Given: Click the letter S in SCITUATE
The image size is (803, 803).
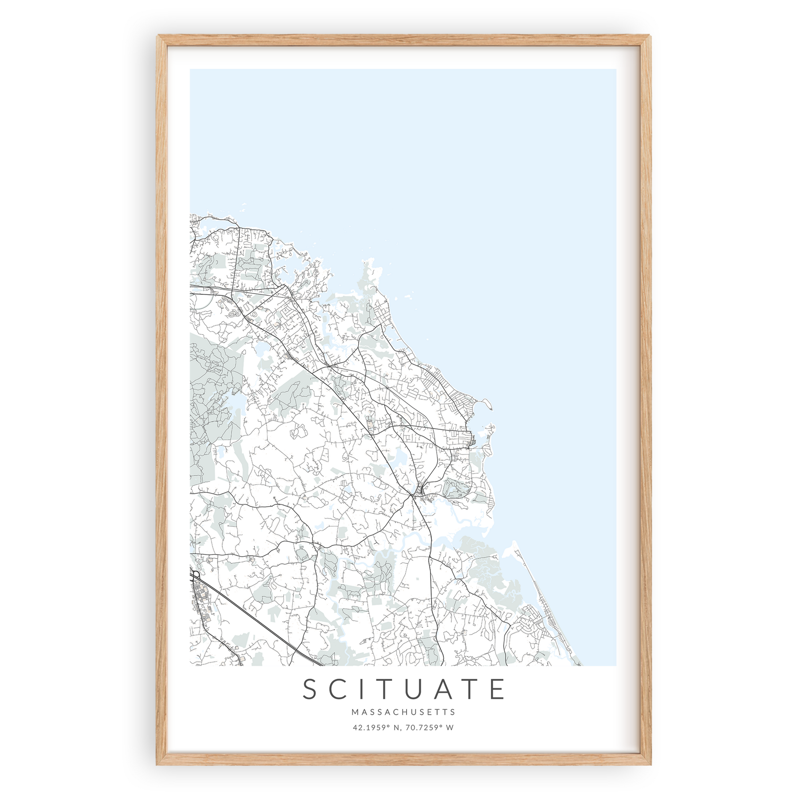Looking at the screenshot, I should (x=311, y=689).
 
